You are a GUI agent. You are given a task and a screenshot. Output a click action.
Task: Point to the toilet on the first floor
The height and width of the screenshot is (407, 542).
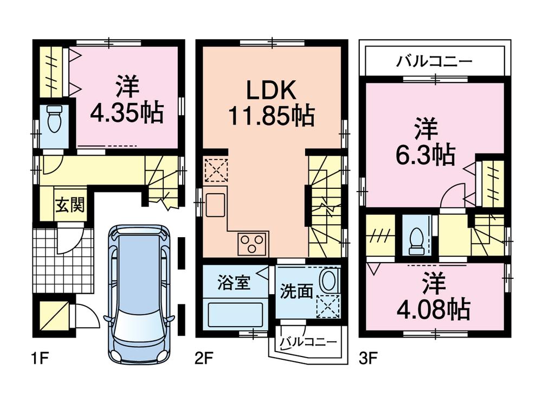pos(55,120)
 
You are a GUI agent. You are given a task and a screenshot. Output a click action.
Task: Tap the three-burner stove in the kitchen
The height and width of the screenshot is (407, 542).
pos(253,243)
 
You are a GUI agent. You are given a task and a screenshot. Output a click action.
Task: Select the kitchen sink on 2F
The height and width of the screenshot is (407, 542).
pos(215,204)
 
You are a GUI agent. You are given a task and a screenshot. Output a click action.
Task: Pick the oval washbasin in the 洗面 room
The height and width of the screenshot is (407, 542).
pos(327,282)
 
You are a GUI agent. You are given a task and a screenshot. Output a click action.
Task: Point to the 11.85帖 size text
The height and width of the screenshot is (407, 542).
pos(272,116)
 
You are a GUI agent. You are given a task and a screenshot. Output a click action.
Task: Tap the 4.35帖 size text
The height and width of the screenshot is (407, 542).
pos(126,112)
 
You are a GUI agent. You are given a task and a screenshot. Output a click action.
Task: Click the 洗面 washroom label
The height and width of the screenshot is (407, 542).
pos(296,291)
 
